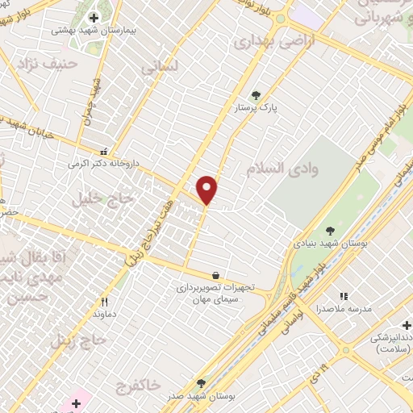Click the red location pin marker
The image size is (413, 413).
207,189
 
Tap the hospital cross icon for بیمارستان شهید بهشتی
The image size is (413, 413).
94,17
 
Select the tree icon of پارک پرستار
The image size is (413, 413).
257,94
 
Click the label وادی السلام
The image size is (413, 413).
292,168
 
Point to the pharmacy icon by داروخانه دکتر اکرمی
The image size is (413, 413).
103,151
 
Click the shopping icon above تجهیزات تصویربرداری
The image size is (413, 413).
215,275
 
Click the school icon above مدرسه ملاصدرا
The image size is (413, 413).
344,297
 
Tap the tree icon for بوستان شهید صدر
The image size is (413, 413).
201,383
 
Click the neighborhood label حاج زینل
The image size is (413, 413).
78,340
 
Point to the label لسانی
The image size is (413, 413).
159,69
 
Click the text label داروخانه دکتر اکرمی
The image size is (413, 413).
104,163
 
